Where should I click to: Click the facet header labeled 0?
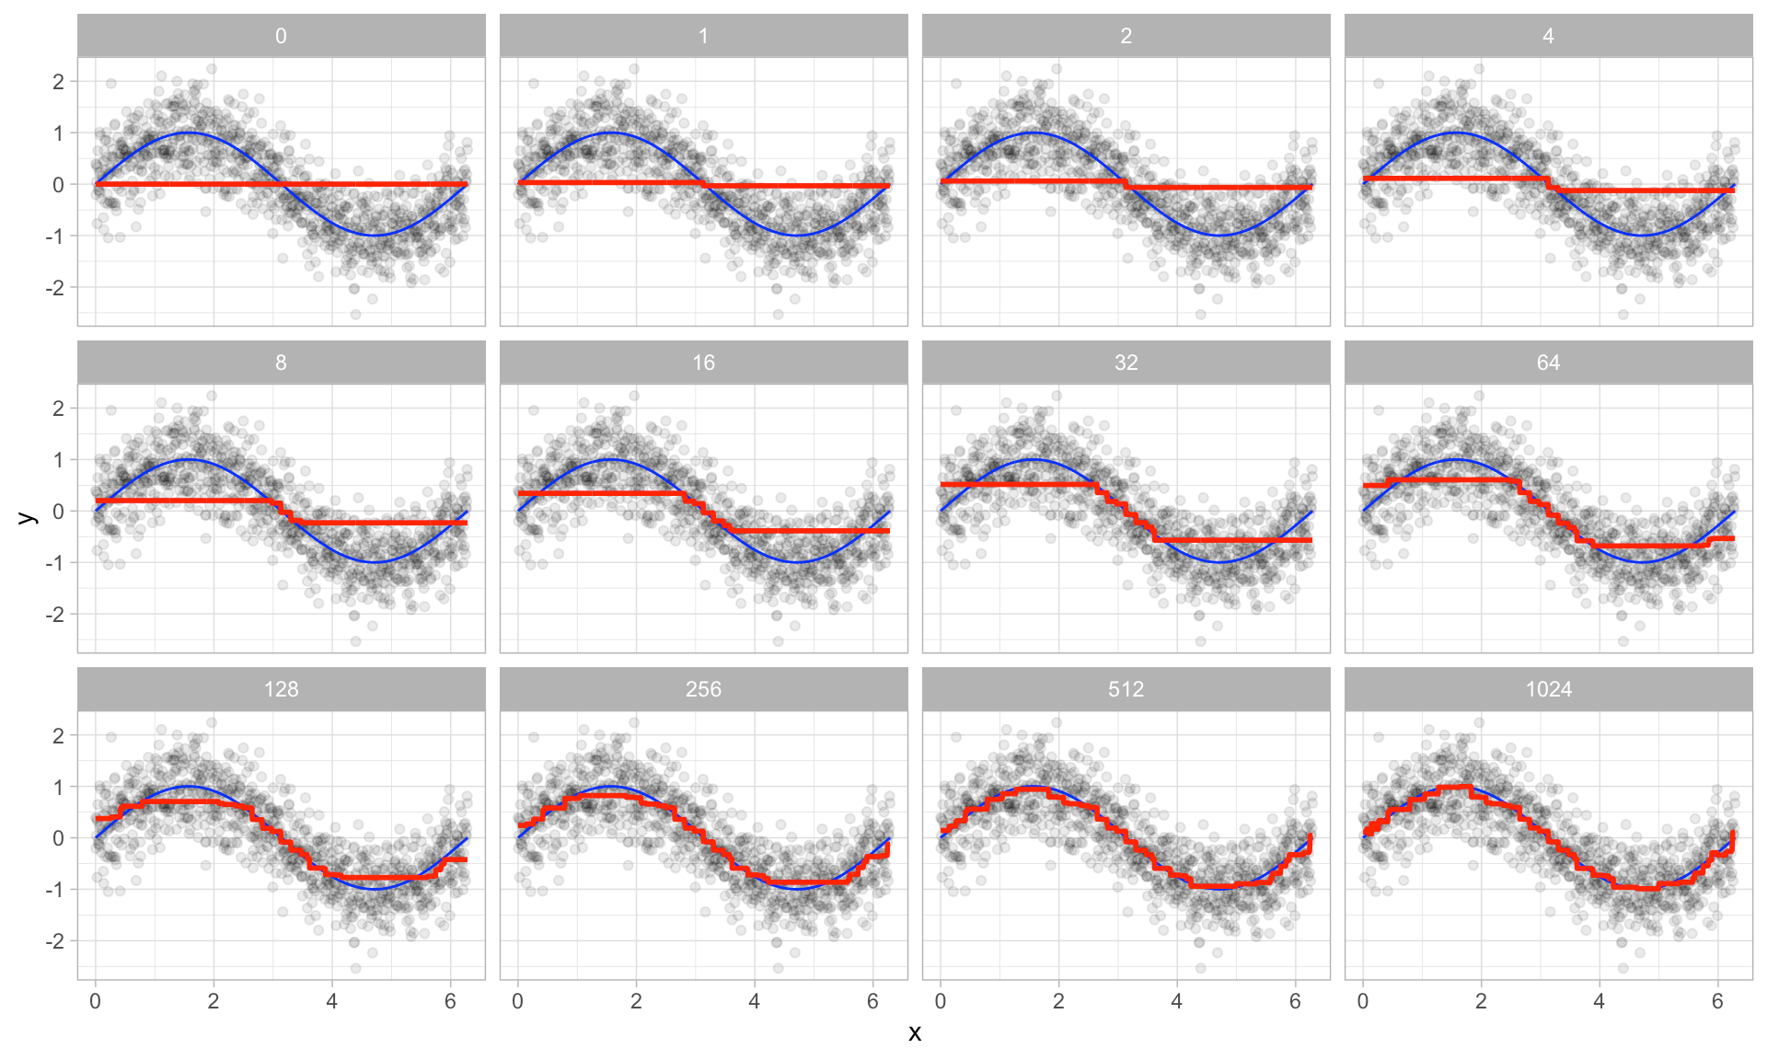281,36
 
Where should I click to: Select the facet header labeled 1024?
1548,689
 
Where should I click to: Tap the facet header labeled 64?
1548,363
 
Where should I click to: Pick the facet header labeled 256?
703,689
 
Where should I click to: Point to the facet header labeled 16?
703,363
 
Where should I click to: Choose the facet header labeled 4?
1548,36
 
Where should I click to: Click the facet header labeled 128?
281,689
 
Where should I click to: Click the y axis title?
28,517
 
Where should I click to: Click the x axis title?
914,1033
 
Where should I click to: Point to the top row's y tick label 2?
59,82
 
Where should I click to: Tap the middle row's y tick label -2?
55,615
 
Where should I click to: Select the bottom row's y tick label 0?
59,838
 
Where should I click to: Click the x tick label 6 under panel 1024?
1717,1002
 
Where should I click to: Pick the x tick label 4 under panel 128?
331,1002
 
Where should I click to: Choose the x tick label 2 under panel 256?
636,1002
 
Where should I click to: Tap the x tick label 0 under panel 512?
940,1002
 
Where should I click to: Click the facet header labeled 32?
1126,363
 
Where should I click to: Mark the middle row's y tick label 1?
59,460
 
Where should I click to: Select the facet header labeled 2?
1126,36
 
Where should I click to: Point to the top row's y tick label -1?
55,236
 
